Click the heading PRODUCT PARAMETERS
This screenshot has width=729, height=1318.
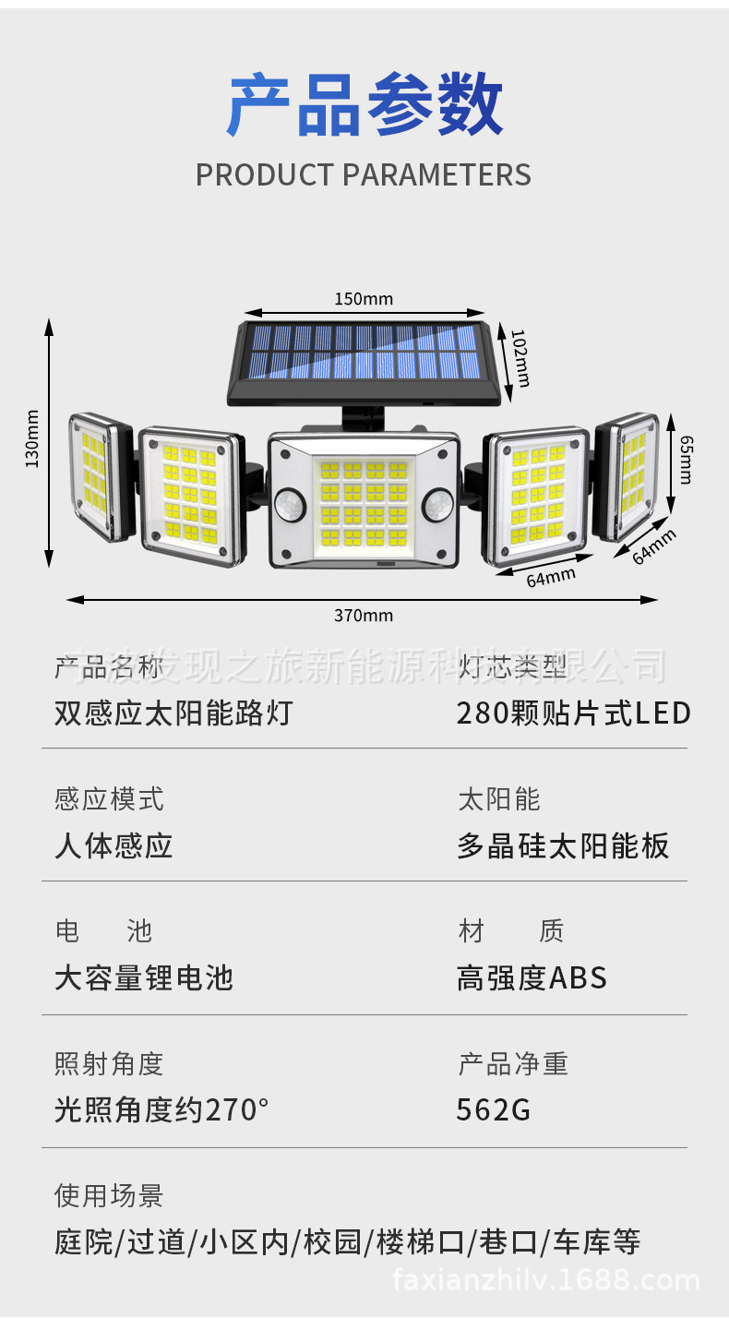point(364,174)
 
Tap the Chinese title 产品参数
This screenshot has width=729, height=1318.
point(364,106)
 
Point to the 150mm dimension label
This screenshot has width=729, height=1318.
point(364,298)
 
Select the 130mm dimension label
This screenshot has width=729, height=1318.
point(32,438)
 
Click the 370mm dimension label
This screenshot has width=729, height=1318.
point(364,616)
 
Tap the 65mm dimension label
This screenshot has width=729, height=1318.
point(685,459)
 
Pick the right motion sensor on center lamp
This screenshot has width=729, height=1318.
point(437,503)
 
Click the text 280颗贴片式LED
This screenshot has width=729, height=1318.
point(573,713)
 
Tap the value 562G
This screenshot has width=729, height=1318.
point(494,1109)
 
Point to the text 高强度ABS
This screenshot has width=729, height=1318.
point(532,977)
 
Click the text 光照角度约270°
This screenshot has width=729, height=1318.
point(161,1109)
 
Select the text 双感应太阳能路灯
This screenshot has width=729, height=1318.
point(173,713)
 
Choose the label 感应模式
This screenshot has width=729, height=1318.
point(109,798)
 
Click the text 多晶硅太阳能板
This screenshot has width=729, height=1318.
point(563,845)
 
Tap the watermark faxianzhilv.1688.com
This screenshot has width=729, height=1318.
point(546,1280)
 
